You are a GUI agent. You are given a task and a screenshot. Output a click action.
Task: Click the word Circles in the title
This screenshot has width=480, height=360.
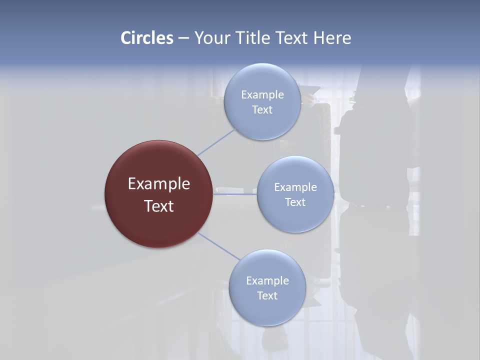pyautogui.click(x=147, y=38)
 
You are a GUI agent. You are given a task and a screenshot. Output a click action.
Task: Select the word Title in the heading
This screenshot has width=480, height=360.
pyautogui.click(x=255, y=38)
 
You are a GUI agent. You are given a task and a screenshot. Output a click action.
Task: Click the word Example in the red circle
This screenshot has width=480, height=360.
pyautogui.click(x=159, y=184)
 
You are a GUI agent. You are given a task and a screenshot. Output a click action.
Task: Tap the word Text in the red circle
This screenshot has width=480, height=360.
pyautogui.click(x=159, y=206)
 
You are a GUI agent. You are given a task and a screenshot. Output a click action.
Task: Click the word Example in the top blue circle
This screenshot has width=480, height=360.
pyautogui.click(x=262, y=95)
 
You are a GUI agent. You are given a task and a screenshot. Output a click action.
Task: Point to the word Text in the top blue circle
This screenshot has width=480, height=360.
pyautogui.click(x=262, y=110)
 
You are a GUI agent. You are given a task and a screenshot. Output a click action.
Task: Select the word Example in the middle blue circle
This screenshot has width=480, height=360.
pyautogui.click(x=295, y=187)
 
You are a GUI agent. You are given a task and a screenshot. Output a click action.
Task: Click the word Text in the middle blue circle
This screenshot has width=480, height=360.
pyautogui.click(x=295, y=202)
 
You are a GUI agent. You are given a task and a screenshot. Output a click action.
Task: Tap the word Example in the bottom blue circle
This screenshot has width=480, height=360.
pyautogui.click(x=267, y=281)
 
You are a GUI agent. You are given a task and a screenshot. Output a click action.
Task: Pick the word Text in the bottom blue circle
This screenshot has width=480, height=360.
pyautogui.click(x=267, y=296)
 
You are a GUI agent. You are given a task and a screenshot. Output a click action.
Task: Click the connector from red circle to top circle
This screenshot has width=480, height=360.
pyautogui.click(x=216, y=142)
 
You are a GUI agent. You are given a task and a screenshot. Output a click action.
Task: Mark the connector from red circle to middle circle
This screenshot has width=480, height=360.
pyautogui.click(x=235, y=194)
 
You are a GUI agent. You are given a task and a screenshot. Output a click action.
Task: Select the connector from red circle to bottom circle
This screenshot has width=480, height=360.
pyautogui.click(x=219, y=246)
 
